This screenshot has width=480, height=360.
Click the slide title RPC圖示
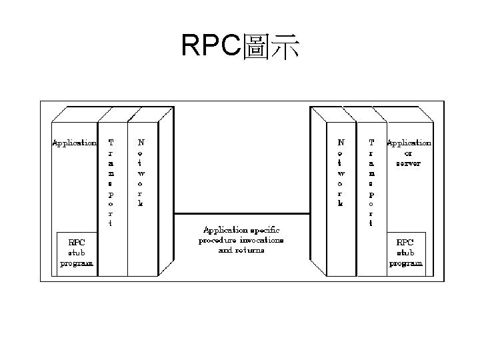click(240, 47)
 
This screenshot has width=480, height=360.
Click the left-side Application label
click(74, 143)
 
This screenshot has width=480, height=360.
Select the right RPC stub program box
click(405, 252)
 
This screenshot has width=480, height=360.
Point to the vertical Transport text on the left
click(111, 183)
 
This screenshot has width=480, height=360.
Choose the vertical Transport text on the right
click(371, 183)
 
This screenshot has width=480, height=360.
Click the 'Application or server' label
click(409, 153)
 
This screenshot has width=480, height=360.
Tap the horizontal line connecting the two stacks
click(242, 213)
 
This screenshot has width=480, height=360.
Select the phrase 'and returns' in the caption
click(241, 250)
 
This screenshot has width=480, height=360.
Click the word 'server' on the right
click(408, 163)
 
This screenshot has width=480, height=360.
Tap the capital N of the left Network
click(141, 142)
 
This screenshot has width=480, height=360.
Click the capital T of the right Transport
click(371, 142)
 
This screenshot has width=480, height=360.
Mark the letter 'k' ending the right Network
click(341, 203)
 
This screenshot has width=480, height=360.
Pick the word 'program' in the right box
click(405, 263)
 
